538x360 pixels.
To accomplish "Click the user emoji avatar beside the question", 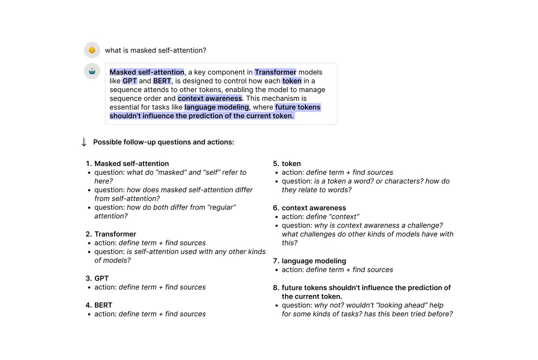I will [x=92, y=50].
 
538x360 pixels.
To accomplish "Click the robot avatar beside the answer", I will [x=92, y=71].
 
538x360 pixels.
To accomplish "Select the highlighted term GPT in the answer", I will [x=130, y=81].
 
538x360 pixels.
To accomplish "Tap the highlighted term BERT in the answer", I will [x=162, y=81].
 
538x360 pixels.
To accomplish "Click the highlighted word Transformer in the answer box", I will [x=275, y=72].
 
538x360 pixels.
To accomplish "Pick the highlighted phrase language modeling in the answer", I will [x=217, y=107].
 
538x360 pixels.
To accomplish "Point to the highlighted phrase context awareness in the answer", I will [x=210, y=98].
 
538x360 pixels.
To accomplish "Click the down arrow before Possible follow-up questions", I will [x=84, y=142].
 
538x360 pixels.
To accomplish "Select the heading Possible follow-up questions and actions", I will [x=164, y=142].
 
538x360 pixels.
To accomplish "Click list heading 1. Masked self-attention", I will [x=127, y=164].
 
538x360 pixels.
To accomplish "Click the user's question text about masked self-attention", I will [x=156, y=51].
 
